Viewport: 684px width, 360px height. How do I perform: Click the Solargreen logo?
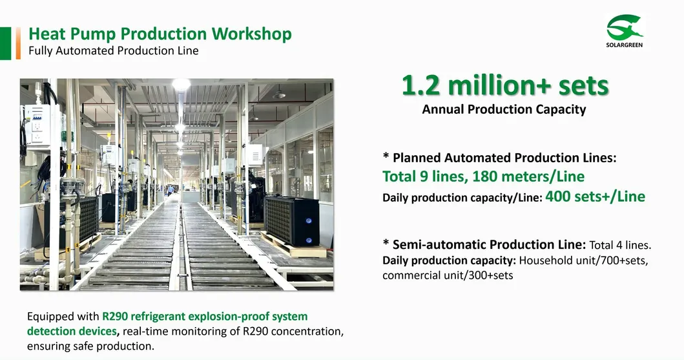tap(624, 30)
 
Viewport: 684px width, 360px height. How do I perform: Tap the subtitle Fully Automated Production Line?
tap(114, 50)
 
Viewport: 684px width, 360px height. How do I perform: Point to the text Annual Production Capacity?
tap(504, 109)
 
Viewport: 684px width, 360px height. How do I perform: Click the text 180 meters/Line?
tap(528, 176)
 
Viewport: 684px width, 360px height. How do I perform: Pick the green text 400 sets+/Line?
tap(595, 196)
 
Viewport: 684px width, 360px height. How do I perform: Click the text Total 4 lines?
tap(620, 245)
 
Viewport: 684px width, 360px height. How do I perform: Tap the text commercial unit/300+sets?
tap(448, 276)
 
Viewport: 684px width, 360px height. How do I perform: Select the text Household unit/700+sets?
tap(584, 260)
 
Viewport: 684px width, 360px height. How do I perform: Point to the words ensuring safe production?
tap(90, 346)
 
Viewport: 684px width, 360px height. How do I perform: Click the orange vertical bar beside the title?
tap(18, 43)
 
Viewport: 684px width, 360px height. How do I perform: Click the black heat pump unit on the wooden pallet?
tap(292, 221)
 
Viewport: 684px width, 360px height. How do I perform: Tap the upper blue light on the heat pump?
tap(309, 221)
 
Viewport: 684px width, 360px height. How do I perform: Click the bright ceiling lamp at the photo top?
tap(181, 84)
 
